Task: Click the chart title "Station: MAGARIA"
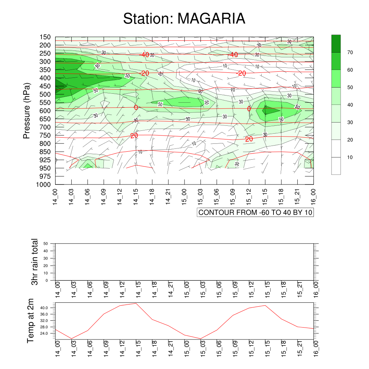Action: point(184,19)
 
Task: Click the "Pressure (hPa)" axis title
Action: point(26,111)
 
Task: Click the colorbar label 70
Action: point(350,53)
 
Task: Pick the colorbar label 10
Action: point(350,157)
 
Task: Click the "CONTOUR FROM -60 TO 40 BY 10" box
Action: point(255,213)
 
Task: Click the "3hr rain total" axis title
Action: point(35,262)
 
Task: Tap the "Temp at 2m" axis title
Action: point(31,321)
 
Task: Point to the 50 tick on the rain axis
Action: point(46,244)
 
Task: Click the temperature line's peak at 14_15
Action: point(136,303)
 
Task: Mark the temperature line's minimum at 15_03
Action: point(201,339)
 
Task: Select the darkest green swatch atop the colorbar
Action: point(336,44)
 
